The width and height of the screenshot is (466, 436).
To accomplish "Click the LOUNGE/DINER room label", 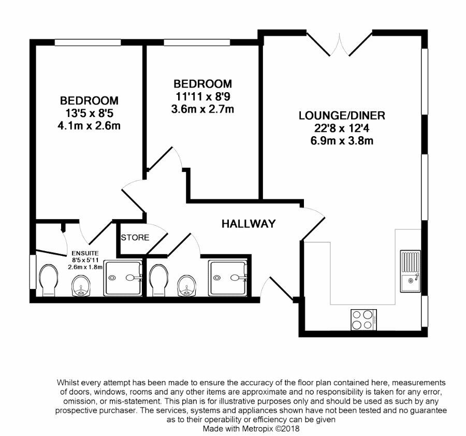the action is click(x=342, y=115).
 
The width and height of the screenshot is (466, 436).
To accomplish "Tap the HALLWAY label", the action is click(x=249, y=224).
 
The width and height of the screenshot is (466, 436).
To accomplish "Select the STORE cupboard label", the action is click(x=135, y=238).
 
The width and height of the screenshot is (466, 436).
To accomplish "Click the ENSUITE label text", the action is click(x=85, y=253).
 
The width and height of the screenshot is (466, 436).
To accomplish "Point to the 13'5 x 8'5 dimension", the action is click(x=90, y=113).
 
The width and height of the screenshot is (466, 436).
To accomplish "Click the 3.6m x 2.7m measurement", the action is click(x=202, y=109).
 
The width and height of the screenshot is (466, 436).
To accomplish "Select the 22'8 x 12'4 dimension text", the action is click(x=342, y=128).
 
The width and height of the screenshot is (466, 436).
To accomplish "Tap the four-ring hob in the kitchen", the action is click(x=364, y=319).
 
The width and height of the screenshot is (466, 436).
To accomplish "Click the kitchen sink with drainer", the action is click(x=410, y=271).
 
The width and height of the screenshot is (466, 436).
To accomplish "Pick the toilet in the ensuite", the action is click(x=49, y=280).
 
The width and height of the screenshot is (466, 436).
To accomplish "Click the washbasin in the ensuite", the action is click(x=81, y=285).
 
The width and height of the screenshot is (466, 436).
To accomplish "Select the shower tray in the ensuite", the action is click(x=123, y=278).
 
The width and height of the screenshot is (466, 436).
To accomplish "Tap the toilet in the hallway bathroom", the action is click(x=159, y=280).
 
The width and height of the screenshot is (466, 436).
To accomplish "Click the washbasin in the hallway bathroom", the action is click(x=186, y=285).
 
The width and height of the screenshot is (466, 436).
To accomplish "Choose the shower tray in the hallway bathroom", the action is click(x=228, y=278).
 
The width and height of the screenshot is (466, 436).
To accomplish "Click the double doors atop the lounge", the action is click(x=339, y=45).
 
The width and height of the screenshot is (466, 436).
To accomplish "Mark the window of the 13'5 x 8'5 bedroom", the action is click(x=88, y=42).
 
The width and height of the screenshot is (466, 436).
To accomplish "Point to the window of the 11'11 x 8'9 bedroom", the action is click(x=197, y=42).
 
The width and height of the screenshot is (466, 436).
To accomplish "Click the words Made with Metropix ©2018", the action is click(x=251, y=429).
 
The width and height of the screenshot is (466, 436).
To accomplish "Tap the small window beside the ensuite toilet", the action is click(x=33, y=271).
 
